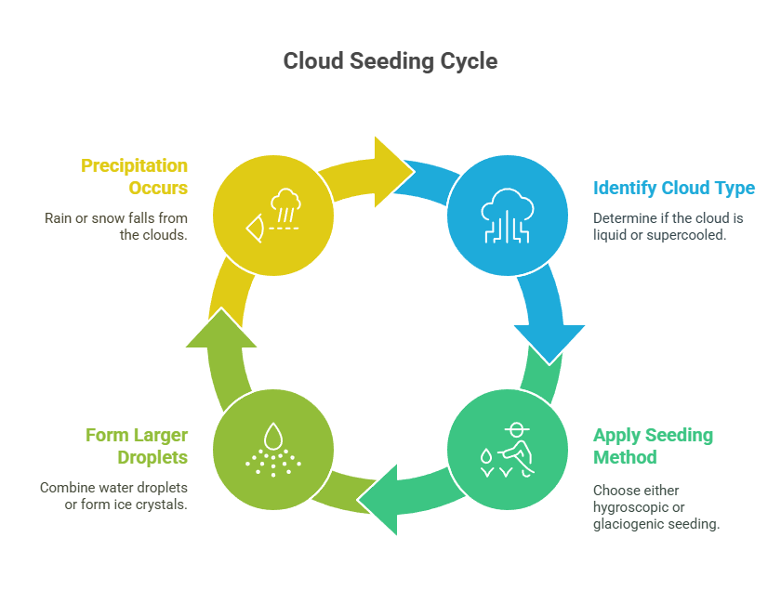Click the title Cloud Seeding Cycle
[x=390, y=61]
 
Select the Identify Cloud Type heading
[x=673, y=188]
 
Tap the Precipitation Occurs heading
[x=134, y=177]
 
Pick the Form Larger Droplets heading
[x=137, y=446]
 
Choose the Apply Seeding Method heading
[x=653, y=446]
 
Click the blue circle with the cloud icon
[x=507, y=216]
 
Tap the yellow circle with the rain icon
[x=273, y=216]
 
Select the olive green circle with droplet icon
[x=273, y=450]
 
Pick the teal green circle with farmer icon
[x=507, y=450]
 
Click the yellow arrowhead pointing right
[x=392, y=172]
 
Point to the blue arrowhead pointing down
[x=549, y=344]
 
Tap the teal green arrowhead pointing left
[x=379, y=500]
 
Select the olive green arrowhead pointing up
[x=221, y=328]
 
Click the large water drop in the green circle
[x=273, y=436]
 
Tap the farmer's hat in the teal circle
[x=517, y=428]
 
